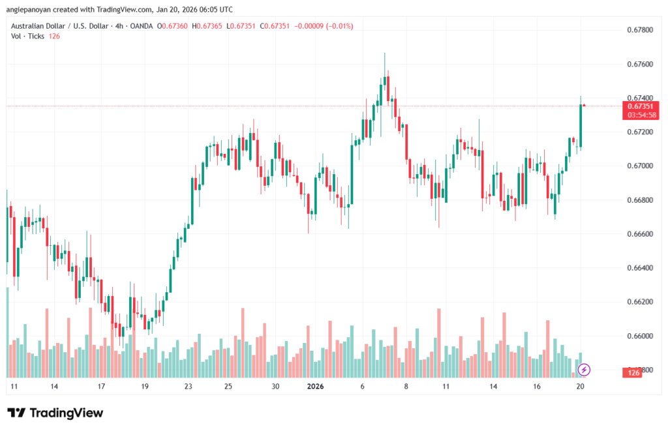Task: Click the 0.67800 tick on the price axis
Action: tap(639, 30)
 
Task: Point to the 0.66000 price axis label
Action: tap(639, 336)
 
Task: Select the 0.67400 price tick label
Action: tap(639, 98)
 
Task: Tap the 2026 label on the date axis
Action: tap(315, 386)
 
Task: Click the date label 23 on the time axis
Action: tap(188, 386)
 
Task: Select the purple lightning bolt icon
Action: tap(584, 370)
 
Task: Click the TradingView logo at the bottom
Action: tap(55, 413)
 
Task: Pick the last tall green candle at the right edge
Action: tap(580, 125)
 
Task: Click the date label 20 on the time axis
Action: tap(580, 386)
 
